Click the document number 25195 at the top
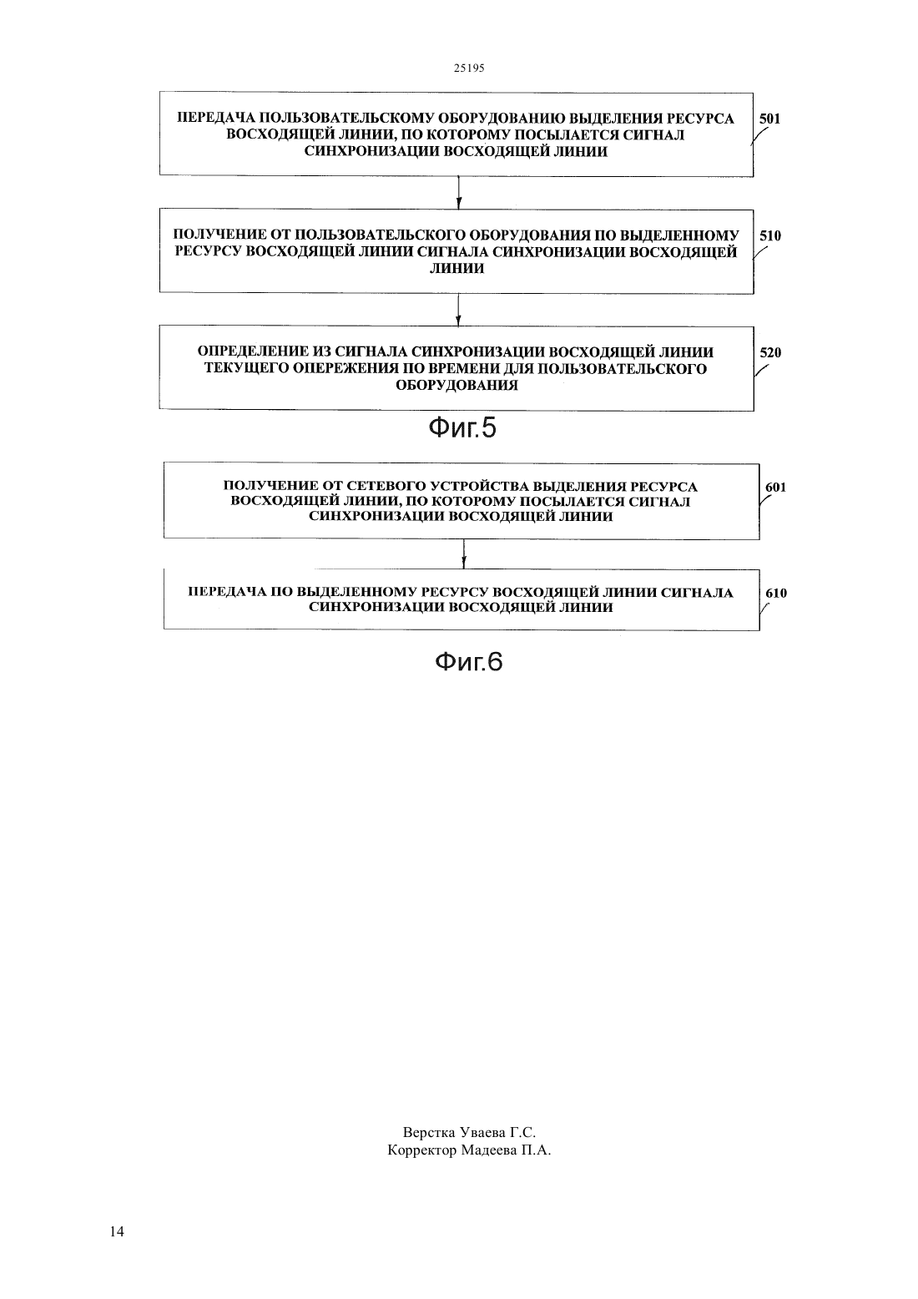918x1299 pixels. click(x=469, y=68)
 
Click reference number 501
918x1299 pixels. click(x=769, y=119)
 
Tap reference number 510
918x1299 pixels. click(x=770, y=235)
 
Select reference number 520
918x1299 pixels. click(x=770, y=352)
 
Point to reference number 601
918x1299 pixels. click(x=775, y=488)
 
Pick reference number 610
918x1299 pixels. click(x=776, y=593)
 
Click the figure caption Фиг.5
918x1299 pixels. click(x=462, y=428)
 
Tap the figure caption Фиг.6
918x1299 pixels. click(x=469, y=661)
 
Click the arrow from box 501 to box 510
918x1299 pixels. click(x=459, y=192)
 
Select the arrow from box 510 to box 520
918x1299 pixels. click(x=458, y=310)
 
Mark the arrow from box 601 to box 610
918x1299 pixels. click(x=464, y=553)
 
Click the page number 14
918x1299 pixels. click(x=117, y=1231)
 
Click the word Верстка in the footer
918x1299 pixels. click(x=429, y=1132)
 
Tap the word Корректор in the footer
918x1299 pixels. click(x=422, y=1150)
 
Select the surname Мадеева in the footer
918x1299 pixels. click(x=488, y=1150)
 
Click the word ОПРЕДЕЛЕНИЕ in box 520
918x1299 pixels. click(x=252, y=352)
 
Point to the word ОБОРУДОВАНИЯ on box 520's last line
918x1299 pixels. click(x=456, y=386)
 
